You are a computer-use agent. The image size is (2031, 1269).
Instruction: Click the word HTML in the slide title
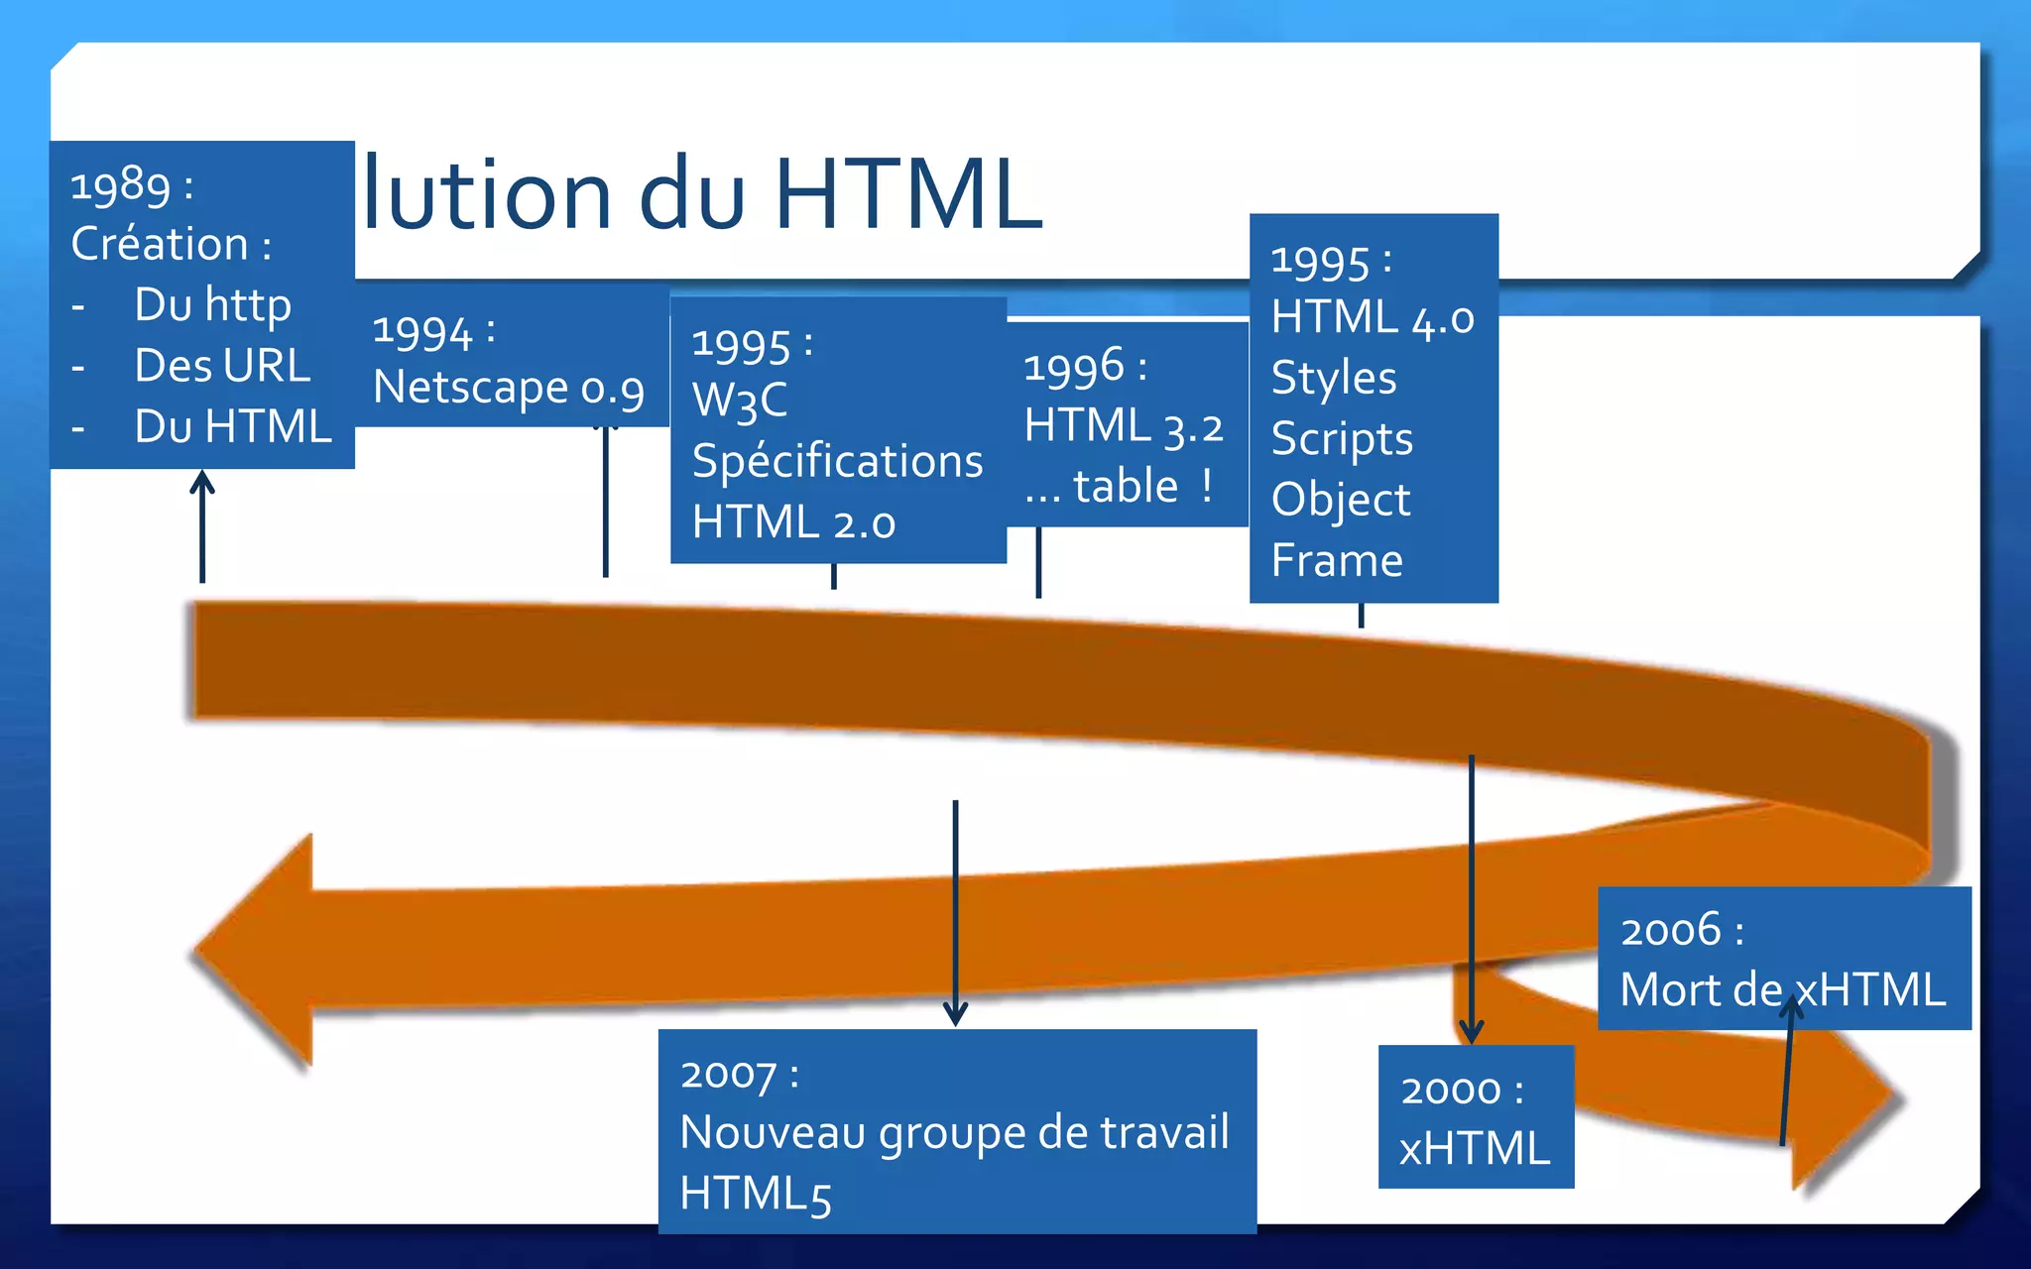(x=907, y=193)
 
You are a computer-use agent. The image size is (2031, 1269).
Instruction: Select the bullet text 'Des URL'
(x=222, y=366)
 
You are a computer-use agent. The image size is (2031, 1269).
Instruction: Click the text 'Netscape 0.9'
(x=509, y=388)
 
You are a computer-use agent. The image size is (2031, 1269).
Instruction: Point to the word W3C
(x=740, y=402)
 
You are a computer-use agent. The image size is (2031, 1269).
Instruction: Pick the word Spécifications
(x=837, y=462)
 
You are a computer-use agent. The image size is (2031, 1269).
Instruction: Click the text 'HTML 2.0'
(x=793, y=522)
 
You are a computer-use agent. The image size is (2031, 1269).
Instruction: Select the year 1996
(x=1074, y=367)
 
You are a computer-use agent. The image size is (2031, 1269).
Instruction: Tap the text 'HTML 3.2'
(x=1124, y=426)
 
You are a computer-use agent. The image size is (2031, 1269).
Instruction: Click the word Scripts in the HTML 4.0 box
(x=1342, y=439)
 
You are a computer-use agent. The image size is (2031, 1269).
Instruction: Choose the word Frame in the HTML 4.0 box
(x=1337, y=561)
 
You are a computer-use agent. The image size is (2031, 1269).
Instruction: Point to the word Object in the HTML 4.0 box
(x=1341, y=500)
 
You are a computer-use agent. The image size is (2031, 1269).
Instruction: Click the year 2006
(x=1670, y=930)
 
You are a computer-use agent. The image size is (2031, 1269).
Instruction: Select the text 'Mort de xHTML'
(x=1782, y=989)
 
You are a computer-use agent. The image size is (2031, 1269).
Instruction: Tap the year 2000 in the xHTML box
(x=1450, y=1090)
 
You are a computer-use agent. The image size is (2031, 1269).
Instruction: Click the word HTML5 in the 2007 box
(x=755, y=1194)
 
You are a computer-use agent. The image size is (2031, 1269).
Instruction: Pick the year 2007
(x=728, y=1075)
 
